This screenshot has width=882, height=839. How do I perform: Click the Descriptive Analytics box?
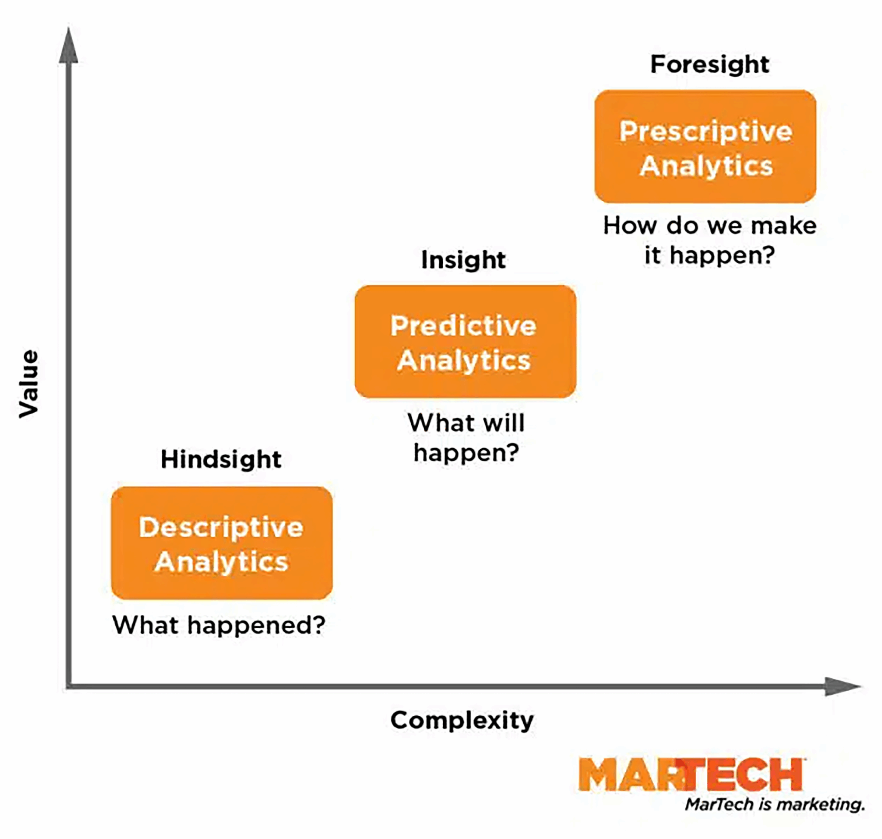[x=222, y=543]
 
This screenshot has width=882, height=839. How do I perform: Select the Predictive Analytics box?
[x=466, y=342]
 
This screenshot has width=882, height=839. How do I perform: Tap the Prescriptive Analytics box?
[x=705, y=147]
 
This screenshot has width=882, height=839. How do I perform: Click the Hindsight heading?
[x=221, y=459]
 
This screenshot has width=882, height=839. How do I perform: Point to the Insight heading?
[x=463, y=260]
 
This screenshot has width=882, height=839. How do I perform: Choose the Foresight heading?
[x=709, y=64]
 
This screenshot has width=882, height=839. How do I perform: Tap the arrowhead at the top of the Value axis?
[x=68, y=47]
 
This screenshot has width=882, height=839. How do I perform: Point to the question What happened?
[x=219, y=625]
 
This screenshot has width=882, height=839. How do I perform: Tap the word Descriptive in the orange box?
[x=221, y=528]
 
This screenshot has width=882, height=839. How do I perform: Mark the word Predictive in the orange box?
[x=463, y=326]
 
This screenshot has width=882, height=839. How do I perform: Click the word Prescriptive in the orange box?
[x=705, y=131]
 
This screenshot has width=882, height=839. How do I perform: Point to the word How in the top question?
[x=630, y=225]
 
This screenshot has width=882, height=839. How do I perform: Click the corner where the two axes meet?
[x=68, y=686]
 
